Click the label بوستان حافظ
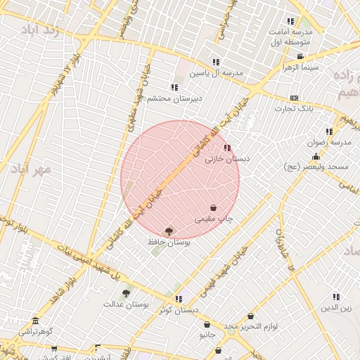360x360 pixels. click(169, 241)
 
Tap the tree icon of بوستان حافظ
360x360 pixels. click(169, 231)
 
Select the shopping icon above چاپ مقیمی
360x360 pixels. click(213, 208)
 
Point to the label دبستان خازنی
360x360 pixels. click(227, 159)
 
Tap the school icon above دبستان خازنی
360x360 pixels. click(226, 148)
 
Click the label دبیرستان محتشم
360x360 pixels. click(174, 98)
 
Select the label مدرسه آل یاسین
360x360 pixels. click(217, 72)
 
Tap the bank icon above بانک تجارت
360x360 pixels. click(294, 98)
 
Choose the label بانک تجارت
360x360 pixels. click(293, 108)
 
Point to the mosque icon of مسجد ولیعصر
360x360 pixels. click(316, 157)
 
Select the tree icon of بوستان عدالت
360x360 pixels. click(126, 293)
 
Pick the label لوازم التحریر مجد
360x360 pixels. click(251, 326)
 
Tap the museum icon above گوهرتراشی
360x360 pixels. click(35, 321)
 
